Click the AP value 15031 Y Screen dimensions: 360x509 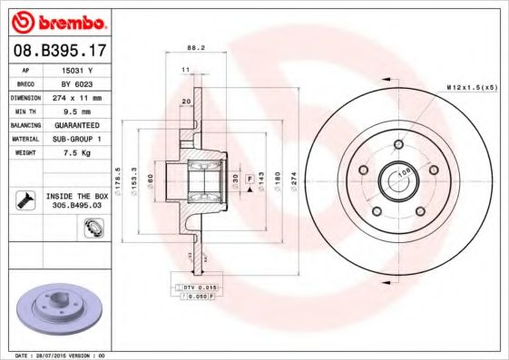(x=77, y=69)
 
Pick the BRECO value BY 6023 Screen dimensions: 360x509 (x=77, y=83)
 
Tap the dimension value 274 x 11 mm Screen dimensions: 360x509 (x=77, y=96)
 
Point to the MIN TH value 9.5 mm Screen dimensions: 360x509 (x=77, y=111)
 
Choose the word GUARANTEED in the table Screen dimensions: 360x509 (x=77, y=124)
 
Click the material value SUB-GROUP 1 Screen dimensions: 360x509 (x=77, y=138)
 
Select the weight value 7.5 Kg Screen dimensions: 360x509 (x=77, y=152)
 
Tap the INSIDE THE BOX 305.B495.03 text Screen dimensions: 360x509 (x=77, y=201)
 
